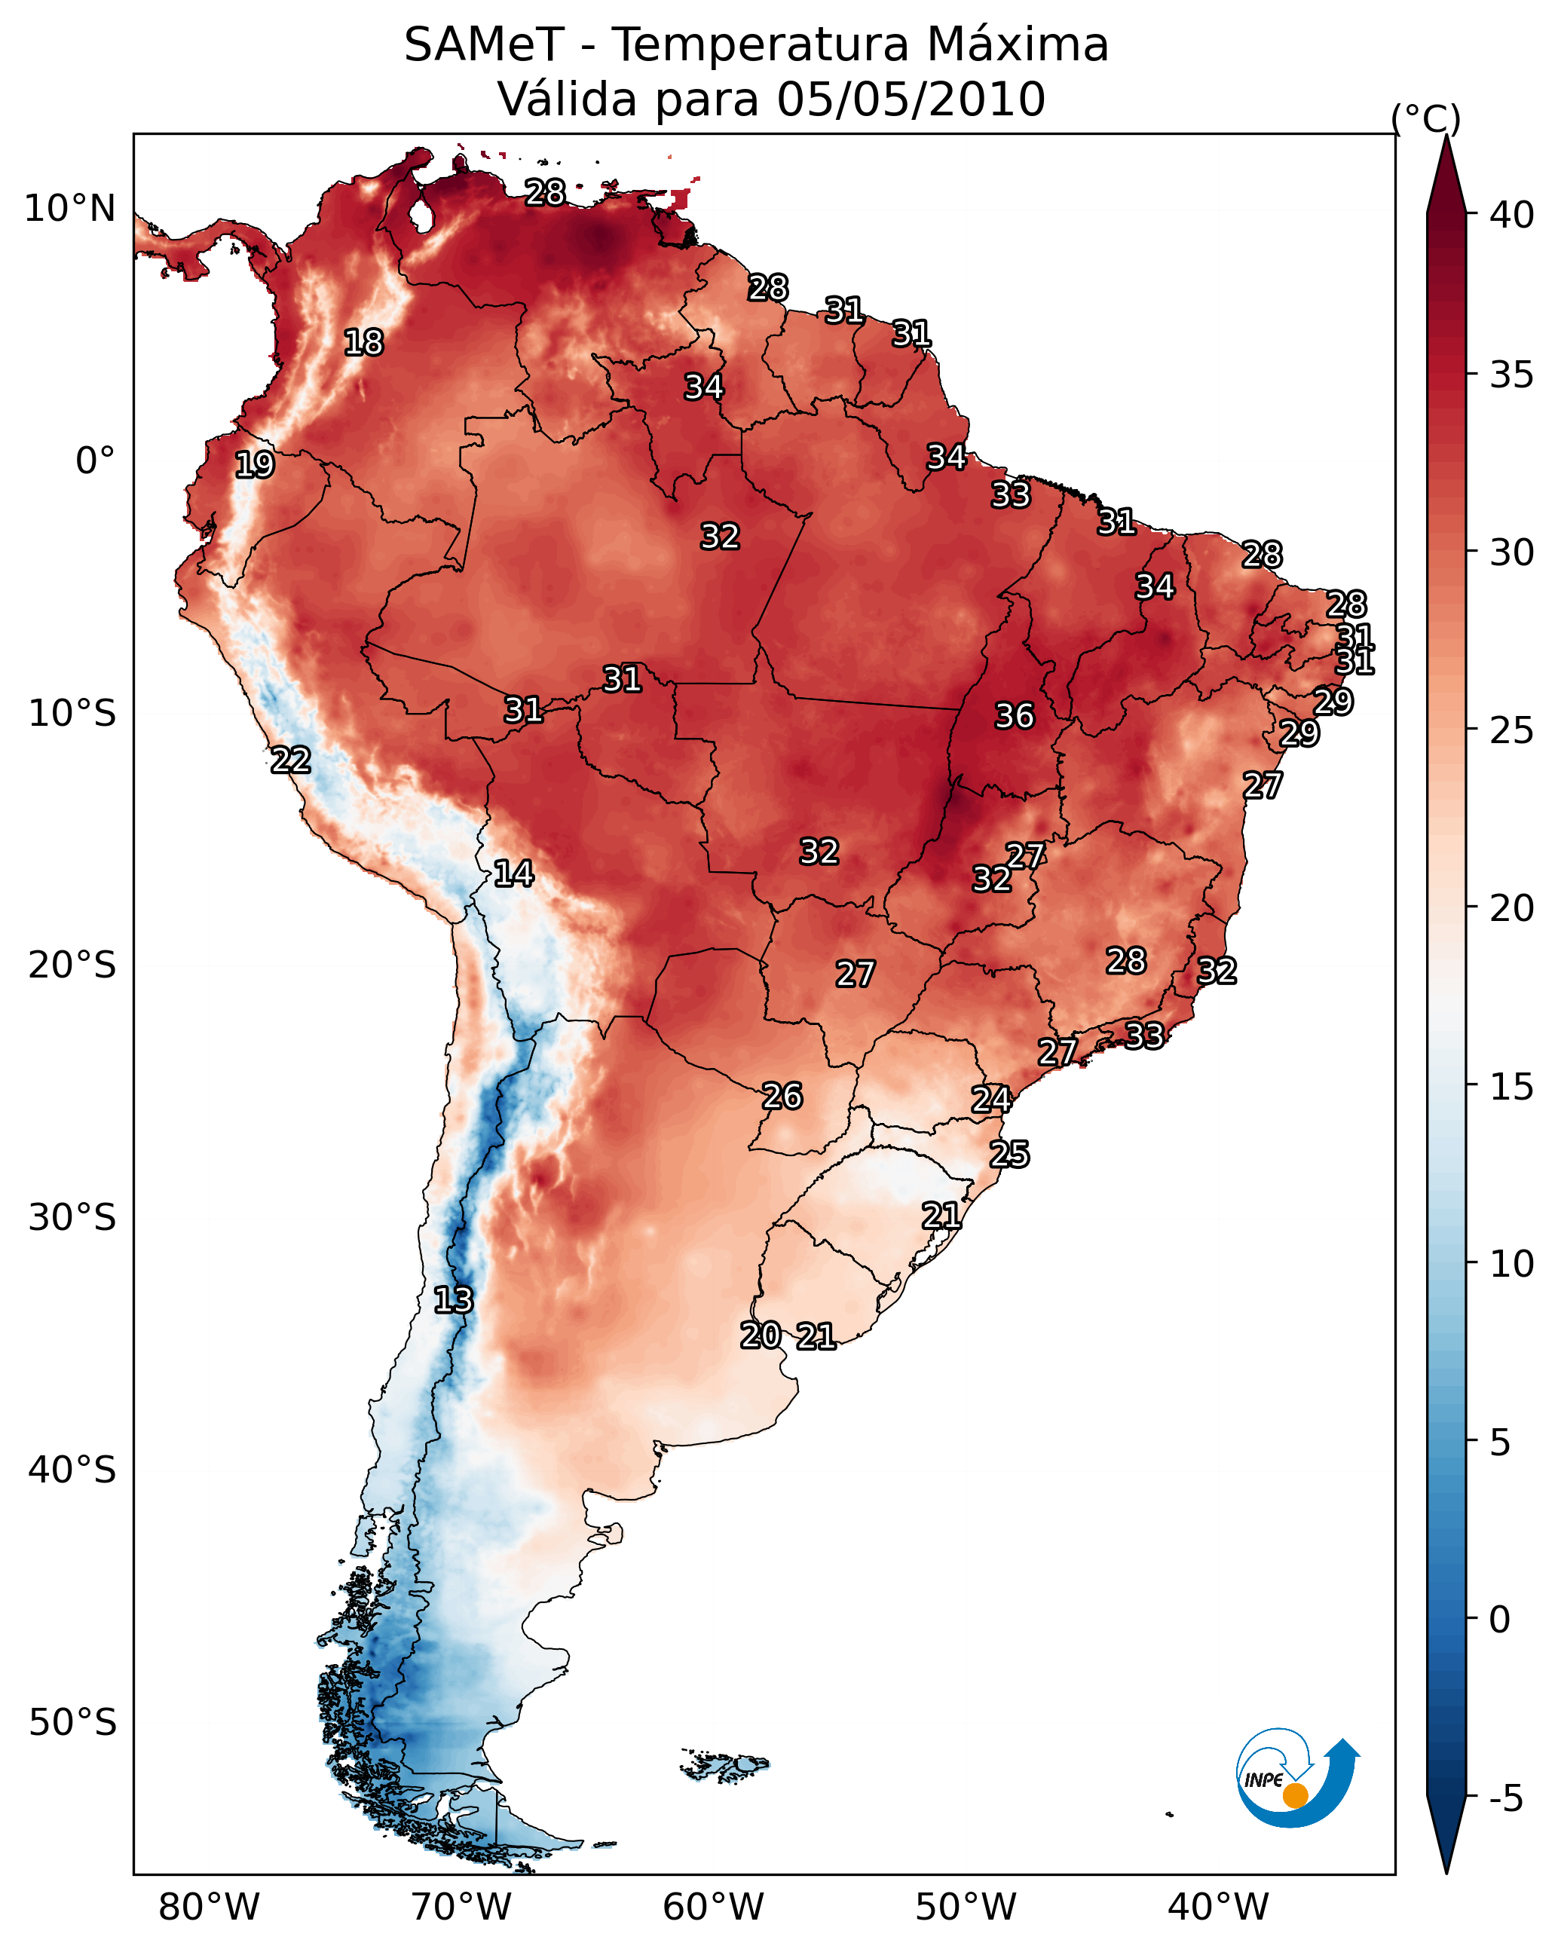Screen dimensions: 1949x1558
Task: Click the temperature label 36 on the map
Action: click(1014, 716)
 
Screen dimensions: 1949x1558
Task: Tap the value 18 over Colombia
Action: click(363, 343)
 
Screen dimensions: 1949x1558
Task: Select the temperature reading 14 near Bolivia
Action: click(513, 874)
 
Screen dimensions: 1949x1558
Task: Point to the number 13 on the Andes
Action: click(452, 1300)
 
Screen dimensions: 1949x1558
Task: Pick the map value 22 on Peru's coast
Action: click(290, 760)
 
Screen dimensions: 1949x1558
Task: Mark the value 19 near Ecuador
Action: click(254, 465)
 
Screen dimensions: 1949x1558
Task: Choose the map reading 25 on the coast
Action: click(1009, 1155)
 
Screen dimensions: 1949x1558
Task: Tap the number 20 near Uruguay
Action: click(761, 1336)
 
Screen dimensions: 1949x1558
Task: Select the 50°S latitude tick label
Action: click(72, 1723)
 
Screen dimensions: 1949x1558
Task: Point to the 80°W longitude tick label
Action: click(209, 1907)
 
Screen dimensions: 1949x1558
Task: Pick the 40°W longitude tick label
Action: click(1218, 1907)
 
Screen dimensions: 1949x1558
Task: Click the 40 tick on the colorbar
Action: click(1512, 215)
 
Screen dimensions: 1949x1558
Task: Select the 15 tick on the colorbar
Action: click(1512, 1087)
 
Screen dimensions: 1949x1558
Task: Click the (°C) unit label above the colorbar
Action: click(1426, 118)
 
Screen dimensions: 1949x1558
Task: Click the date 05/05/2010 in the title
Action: click(911, 99)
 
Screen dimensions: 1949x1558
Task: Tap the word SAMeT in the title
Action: click(484, 45)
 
